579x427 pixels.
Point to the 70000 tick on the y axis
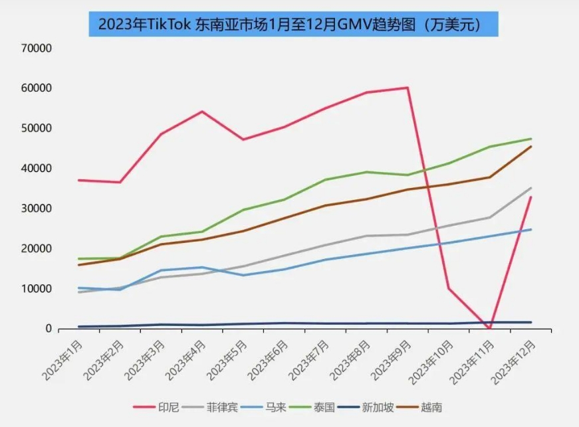click(x=37, y=48)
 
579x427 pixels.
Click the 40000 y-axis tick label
click(x=37, y=168)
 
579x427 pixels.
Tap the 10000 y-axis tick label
click(x=37, y=289)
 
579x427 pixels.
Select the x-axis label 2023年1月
click(x=63, y=359)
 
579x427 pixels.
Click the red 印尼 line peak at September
click(x=407, y=88)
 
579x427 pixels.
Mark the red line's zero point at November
click(x=490, y=328)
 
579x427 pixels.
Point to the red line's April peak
click(x=201, y=112)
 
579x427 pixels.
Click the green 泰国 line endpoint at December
click(x=530, y=139)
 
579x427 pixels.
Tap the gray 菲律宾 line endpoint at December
click(x=530, y=188)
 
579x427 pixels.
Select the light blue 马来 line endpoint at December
click(x=530, y=230)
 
